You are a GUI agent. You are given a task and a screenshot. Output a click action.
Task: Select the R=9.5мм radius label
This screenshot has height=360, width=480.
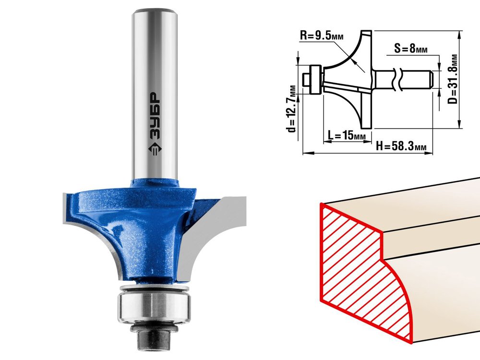[322, 36]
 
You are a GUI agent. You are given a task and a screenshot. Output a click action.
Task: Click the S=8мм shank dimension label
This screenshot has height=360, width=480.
[410, 48]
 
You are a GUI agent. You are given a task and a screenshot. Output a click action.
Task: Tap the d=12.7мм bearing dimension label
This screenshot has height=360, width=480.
[293, 108]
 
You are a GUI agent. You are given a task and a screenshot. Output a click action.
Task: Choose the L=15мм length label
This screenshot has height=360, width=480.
[346, 135]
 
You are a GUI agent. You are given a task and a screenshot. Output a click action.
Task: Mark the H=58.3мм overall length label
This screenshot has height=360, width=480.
[401, 146]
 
